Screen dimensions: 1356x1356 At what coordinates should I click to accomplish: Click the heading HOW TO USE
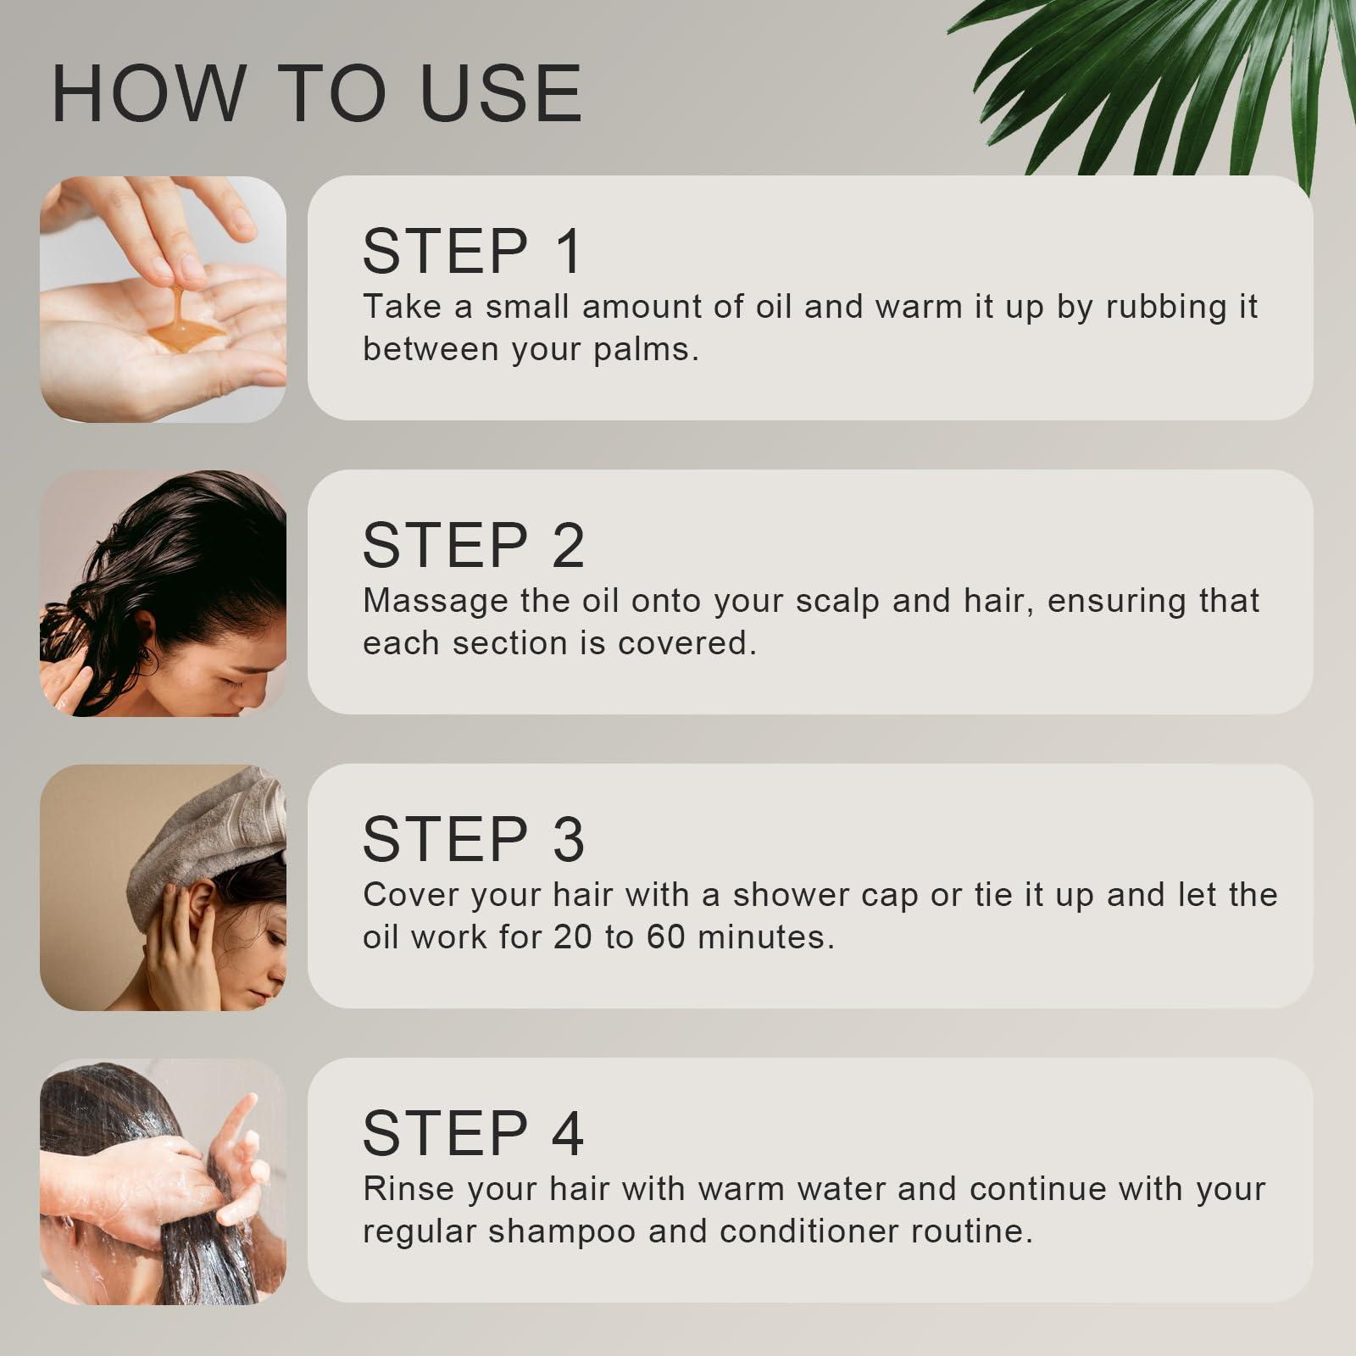tap(317, 93)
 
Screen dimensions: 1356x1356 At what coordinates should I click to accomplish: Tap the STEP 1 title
tap(472, 252)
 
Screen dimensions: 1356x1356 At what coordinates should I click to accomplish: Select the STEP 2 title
tap(473, 546)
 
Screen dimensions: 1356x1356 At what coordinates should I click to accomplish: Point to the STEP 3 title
tap(473, 840)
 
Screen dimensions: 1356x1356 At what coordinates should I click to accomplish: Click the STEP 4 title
tap(473, 1134)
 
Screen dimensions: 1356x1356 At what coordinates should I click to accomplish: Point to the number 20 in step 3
tap(572, 937)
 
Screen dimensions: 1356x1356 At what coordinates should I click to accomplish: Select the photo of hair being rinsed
tap(163, 1181)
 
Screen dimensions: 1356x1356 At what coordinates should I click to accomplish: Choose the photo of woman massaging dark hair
tap(163, 593)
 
